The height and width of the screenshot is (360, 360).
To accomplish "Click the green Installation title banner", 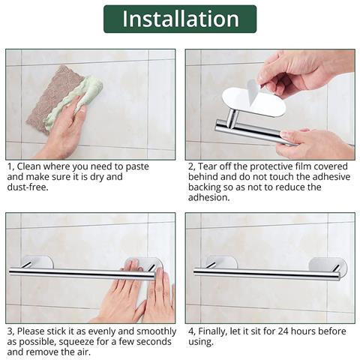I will (179, 19).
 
